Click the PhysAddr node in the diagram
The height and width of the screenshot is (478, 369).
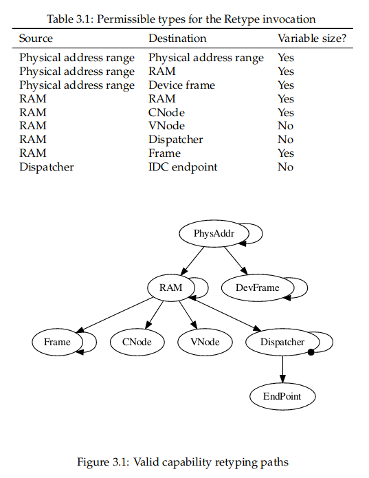214,234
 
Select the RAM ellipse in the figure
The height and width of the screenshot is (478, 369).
171,287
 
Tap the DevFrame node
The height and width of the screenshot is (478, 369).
258,287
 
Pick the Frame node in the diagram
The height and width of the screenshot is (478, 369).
57,342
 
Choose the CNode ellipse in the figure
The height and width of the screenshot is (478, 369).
137,342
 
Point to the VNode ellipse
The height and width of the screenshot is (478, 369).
205,342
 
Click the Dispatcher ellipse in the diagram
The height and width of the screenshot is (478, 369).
282,342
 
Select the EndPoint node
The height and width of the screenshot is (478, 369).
282,396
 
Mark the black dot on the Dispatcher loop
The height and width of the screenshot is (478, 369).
311,352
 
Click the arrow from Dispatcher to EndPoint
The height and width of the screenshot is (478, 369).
282,369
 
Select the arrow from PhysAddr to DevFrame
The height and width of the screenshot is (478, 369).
236,261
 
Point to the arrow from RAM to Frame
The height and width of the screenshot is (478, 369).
115,315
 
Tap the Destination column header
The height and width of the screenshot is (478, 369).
177,39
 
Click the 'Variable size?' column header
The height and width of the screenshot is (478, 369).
312,39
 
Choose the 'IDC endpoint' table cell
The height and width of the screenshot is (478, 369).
183,167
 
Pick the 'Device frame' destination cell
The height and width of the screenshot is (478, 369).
182,85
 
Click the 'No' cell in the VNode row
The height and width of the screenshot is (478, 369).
286,126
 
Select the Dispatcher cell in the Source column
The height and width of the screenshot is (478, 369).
47,167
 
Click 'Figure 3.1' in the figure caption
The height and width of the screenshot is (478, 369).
103,462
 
